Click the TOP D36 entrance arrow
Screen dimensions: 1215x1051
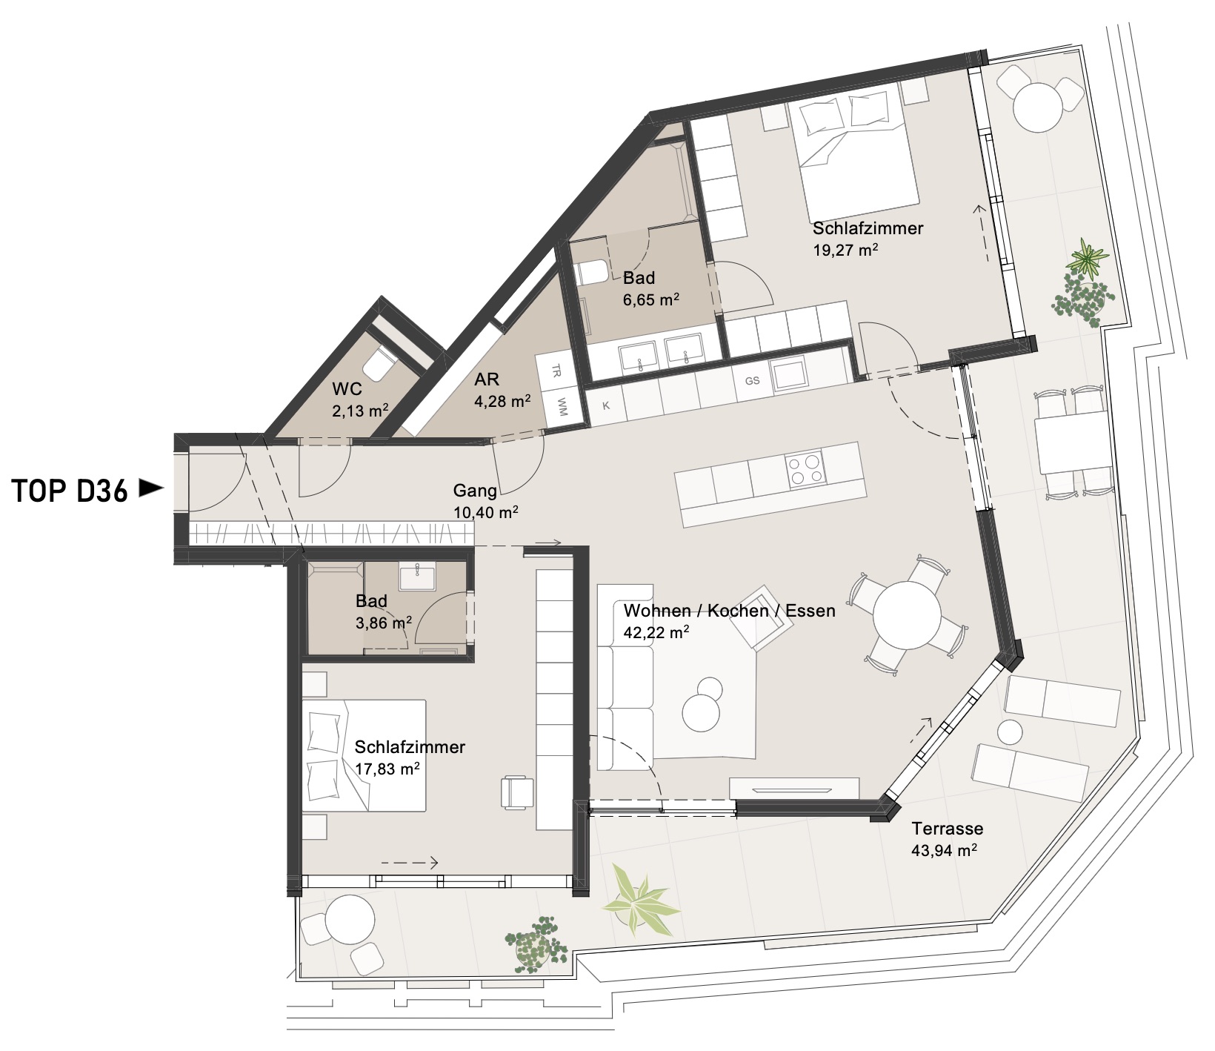click(152, 488)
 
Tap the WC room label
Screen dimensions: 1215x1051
click(347, 388)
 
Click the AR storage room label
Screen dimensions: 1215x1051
click(487, 379)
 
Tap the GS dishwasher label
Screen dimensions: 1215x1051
click(752, 381)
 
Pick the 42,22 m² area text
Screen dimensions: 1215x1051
click(656, 633)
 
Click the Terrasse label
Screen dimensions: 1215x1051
click(948, 829)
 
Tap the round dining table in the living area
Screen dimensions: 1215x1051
click(906, 616)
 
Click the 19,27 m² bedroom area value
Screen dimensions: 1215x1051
click(846, 250)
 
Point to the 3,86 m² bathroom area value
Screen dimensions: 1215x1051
click(384, 623)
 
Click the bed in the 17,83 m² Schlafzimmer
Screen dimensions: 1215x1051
click(364, 755)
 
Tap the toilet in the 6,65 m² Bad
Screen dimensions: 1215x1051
click(592, 273)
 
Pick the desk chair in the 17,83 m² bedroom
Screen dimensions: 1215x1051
click(517, 793)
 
